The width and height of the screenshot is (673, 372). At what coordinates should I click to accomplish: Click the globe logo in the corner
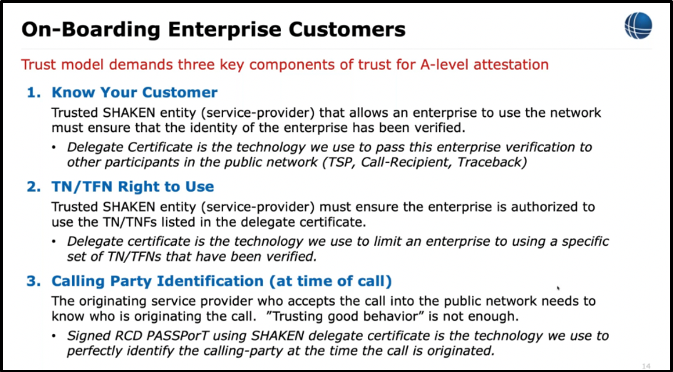[x=638, y=26]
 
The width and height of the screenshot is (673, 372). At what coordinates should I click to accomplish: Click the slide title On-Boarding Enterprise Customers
[x=213, y=29]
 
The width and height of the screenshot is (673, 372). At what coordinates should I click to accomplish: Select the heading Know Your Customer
[x=134, y=93]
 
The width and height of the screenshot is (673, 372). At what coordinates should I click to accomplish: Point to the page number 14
[x=646, y=366]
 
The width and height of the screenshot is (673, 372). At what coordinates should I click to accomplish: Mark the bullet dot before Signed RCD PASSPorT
[x=56, y=336]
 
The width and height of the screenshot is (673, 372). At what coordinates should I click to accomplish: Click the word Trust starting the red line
[x=38, y=65]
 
